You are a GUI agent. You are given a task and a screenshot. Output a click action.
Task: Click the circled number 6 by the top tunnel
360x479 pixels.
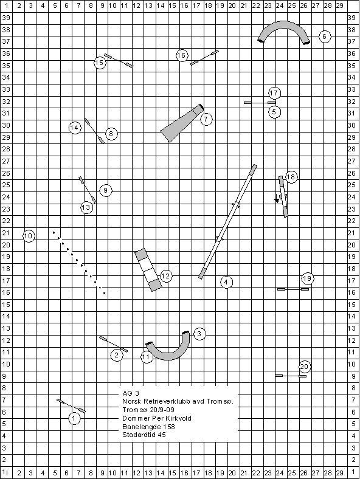click(325, 36)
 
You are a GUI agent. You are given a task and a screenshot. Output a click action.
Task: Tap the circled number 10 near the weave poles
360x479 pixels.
click(29, 236)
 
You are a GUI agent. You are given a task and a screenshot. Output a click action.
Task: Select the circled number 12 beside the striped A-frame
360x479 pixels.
click(166, 276)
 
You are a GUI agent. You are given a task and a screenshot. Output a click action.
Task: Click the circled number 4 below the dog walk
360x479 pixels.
click(226, 282)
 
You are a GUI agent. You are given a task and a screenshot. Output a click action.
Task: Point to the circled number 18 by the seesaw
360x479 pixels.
click(291, 177)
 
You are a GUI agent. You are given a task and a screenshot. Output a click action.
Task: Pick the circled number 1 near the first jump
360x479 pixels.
click(74, 418)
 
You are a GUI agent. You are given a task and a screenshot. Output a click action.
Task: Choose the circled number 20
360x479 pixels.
click(305, 367)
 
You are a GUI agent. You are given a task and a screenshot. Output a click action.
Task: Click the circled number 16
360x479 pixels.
click(182, 55)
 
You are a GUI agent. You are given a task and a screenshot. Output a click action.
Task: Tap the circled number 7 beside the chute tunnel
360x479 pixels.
click(206, 119)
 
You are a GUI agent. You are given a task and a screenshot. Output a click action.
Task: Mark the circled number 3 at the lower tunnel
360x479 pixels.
click(199, 334)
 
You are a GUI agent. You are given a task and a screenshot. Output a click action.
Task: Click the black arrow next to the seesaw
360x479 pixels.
click(277, 198)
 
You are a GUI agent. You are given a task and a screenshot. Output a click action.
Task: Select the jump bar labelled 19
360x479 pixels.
click(293, 289)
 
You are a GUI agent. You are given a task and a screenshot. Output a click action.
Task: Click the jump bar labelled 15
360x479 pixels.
click(119, 61)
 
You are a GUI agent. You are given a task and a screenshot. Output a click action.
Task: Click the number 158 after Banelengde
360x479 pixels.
click(168, 427)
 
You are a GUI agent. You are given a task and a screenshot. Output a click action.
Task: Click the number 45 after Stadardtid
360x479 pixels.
click(162, 435)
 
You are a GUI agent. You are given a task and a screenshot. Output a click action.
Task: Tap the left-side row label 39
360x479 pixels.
click(6, 18)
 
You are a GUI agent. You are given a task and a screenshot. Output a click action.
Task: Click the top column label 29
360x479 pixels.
click(339, 5)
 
